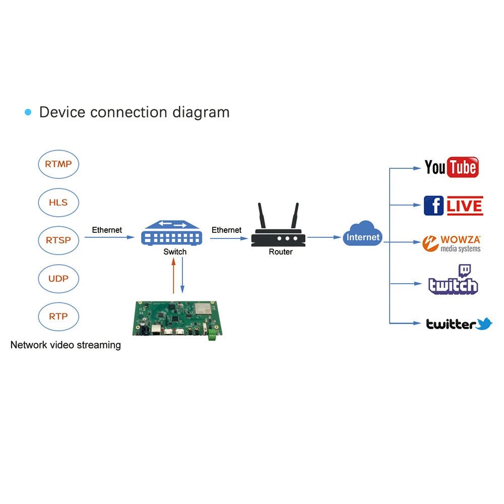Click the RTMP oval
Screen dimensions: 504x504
[58, 164]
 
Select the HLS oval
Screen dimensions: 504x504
[58, 202]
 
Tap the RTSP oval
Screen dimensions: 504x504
[58, 240]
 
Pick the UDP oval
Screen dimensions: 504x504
[58, 278]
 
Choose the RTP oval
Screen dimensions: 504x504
[58, 317]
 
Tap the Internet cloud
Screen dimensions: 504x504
[363, 234]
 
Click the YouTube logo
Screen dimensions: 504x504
[451, 167]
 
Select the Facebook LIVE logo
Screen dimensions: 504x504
[453, 206]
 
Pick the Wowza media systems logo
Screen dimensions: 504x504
[452, 243]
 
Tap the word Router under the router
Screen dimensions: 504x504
[280, 251]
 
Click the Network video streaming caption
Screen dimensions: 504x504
[66, 345]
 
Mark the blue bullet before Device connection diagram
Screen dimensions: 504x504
[28, 112]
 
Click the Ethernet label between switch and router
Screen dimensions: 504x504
[226, 230]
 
